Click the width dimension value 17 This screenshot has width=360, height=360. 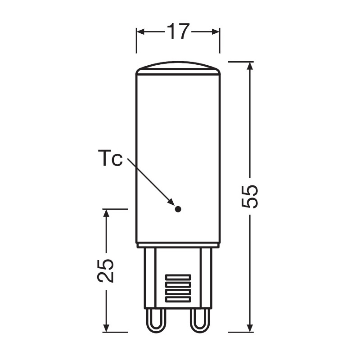pos(178,31)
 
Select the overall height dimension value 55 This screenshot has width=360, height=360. pos(250,197)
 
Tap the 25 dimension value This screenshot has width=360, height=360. pos(105,271)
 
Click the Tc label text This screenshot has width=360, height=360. pos(110,158)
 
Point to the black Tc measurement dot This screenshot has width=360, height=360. pos(178,209)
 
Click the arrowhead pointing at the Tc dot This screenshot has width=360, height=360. pos(171,202)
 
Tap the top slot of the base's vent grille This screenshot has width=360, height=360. pos(178,277)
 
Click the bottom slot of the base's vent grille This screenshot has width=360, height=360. pos(178,299)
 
